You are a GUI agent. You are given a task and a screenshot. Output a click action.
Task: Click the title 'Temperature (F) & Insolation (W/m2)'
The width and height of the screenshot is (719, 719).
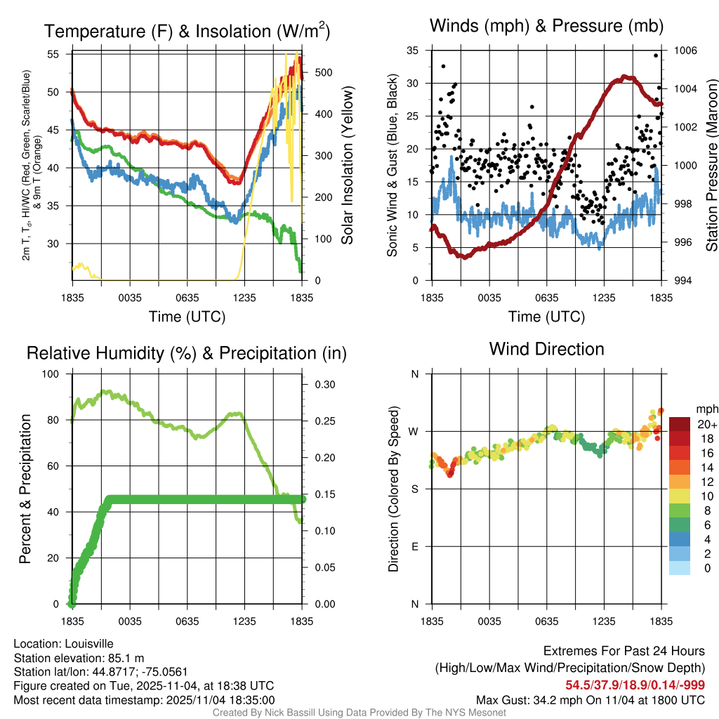click(x=187, y=31)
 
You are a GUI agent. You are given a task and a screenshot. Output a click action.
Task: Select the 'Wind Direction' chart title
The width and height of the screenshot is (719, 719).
click(x=546, y=349)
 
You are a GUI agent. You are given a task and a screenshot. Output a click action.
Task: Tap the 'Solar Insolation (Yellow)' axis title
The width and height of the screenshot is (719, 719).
click(x=347, y=166)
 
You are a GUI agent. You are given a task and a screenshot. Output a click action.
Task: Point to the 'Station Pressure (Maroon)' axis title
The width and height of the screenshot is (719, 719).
click(x=711, y=166)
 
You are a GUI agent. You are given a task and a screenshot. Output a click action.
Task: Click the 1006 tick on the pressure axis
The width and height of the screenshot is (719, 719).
click(x=684, y=51)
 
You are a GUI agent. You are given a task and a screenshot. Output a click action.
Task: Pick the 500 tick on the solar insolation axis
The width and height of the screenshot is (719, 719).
click(x=324, y=72)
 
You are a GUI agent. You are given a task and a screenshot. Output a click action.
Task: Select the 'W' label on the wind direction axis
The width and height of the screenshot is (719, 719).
click(x=414, y=431)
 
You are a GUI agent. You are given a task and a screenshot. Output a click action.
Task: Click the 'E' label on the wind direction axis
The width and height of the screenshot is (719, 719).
click(x=415, y=546)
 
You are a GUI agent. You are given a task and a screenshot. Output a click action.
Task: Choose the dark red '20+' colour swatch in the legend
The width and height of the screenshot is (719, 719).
click(x=679, y=424)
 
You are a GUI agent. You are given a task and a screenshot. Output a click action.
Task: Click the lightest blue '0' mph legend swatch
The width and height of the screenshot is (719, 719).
click(x=679, y=569)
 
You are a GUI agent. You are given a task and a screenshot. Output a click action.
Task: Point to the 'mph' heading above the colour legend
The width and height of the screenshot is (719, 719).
click(x=706, y=409)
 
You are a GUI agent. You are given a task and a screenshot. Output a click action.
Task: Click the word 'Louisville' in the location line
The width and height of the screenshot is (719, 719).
click(x=88, y=644)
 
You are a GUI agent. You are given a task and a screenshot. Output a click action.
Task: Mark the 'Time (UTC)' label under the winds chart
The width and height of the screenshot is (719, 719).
click(x=546, y=317)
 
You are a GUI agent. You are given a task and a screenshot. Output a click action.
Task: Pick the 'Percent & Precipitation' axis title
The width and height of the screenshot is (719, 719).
click(x=25, y=489)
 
